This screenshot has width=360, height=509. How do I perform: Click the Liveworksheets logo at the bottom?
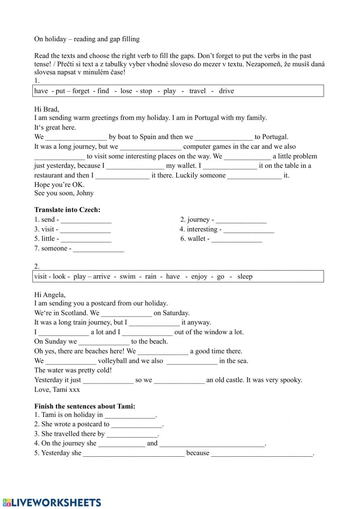(x=52, y=503)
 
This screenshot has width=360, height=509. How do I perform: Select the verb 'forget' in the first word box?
(x=81, y=91)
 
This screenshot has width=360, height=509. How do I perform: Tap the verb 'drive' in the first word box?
(x=226, y=91)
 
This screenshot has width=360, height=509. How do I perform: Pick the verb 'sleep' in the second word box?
(x=245, y=277)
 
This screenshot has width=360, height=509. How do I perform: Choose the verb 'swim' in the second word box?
(x=127, y=277)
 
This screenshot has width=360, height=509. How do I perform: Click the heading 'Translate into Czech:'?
(x=67, y=210)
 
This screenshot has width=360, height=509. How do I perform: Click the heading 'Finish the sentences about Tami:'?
(x=85, y=406)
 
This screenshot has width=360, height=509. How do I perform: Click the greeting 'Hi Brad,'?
(x=46, y=109)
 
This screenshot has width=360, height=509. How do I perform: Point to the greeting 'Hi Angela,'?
(x=50, y=295)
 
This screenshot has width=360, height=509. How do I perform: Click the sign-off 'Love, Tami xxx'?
(x=57, y=390)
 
